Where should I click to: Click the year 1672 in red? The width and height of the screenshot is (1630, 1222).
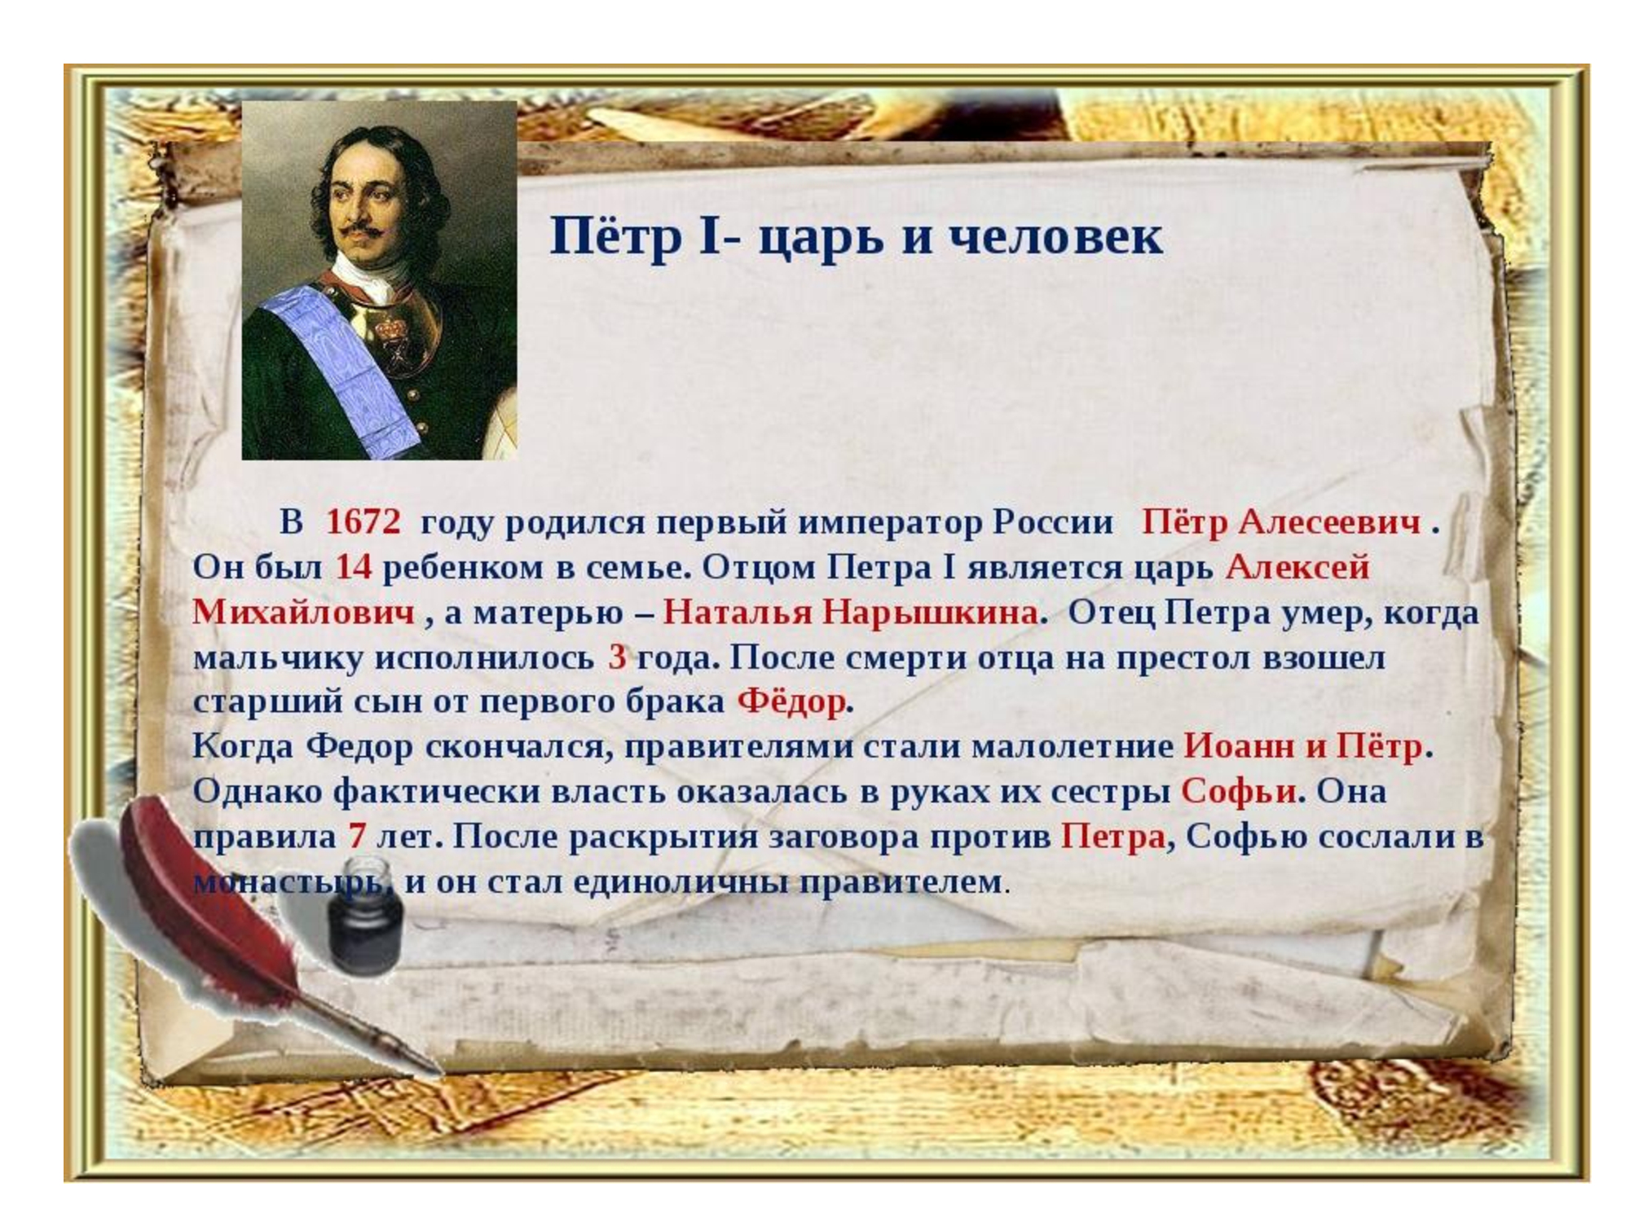pyautogui.click(x=363, y=522)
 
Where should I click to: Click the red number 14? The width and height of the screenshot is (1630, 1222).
pyautogui.click(x=354, y=568)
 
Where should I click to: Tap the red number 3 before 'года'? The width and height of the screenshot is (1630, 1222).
pyautogui.click(x=617, y=657)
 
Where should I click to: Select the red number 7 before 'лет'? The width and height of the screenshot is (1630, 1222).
pyautogui.click(x=356, y=837)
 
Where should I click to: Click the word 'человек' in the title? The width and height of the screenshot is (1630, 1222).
pyautogui.click(x=1057, y=237)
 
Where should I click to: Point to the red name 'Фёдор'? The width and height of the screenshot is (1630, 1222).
pyautogui.click(x=791, y=701)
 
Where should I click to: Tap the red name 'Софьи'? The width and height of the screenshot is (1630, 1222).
pyautogui.click(x=1239, y=791)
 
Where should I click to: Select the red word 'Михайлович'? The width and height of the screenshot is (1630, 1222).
pyautogui.click(x=303, y=613)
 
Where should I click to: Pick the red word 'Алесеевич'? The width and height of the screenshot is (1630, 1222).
pyautogui.click(x=1329, y=522)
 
